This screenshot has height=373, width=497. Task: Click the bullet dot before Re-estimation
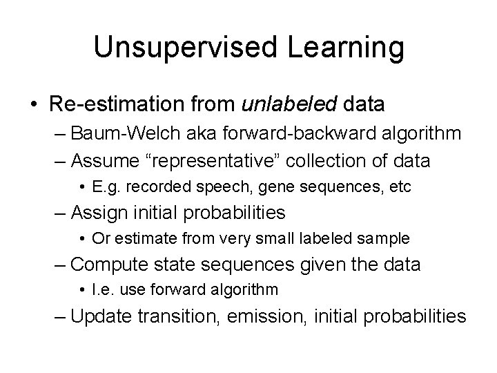pos(34,105)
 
